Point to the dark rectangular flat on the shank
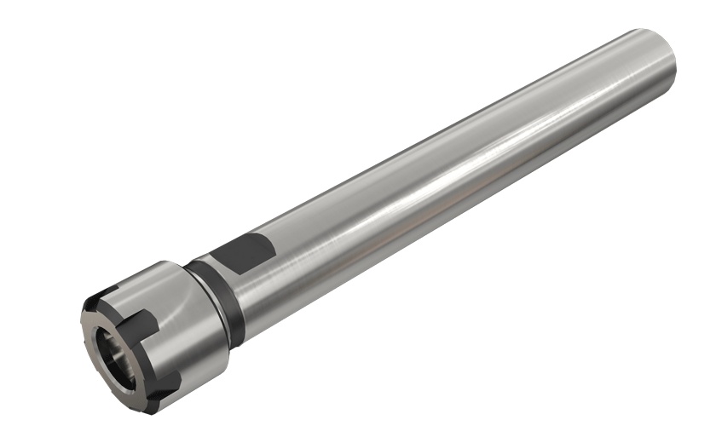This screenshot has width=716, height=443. (243, 253)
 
